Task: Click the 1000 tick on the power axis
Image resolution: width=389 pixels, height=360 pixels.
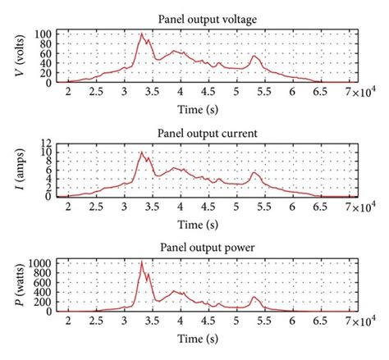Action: click(x=41, y=262)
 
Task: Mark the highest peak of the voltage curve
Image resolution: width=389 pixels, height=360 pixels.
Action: click(x=142, y=34)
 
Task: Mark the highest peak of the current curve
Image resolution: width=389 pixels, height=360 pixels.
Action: click(x=142, y=152)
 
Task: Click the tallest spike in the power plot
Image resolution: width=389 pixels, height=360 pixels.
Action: click(x=142, y=262)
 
